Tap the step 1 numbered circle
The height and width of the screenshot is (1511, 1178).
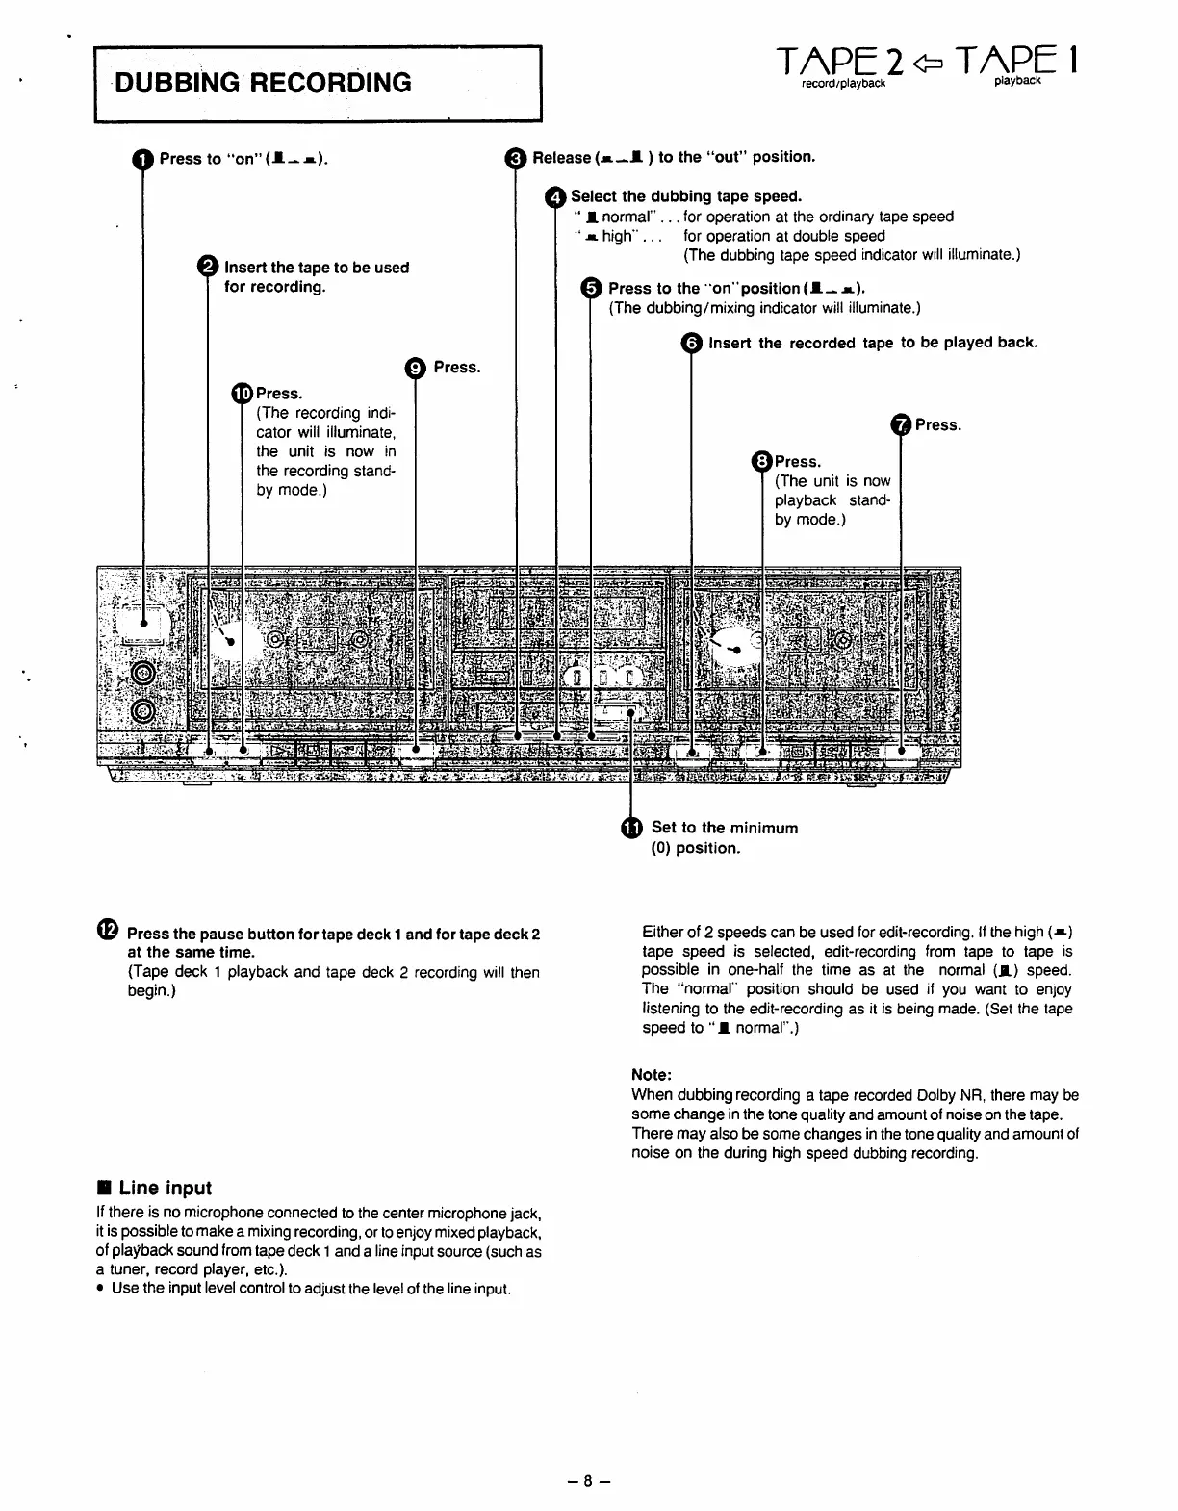pyautogui.click(x=142, y=160)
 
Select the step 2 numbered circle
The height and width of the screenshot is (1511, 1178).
pyautogui.click(x=208, y=268)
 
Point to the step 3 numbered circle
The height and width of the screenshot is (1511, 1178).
pyautogui.click(x=516, y=158)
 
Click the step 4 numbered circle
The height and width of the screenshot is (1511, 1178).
pyautogui.click(x=555, y=197)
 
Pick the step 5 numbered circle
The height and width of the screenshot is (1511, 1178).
pyautogui.click(x=592, y=289)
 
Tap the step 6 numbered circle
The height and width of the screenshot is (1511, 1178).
pyautogui.click(x=691, y=344)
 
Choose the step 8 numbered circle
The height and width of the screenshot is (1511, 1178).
pyautogui.click(x=762, y=462)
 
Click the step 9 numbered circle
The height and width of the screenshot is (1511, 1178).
pyautogui.click(x=415, y=368)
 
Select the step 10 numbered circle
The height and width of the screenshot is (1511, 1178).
pyautogui.click(x=242, y=393)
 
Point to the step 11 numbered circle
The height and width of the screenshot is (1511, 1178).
pyautogui.click(x=630, y=829)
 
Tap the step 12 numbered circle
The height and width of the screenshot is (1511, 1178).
pyautogui.click(x=108, y=930)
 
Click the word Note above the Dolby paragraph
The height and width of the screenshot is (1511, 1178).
pyautogui.click(x=652, y=1075)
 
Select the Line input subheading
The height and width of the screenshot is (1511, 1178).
pyautogui.click(x=165, y=1188)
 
